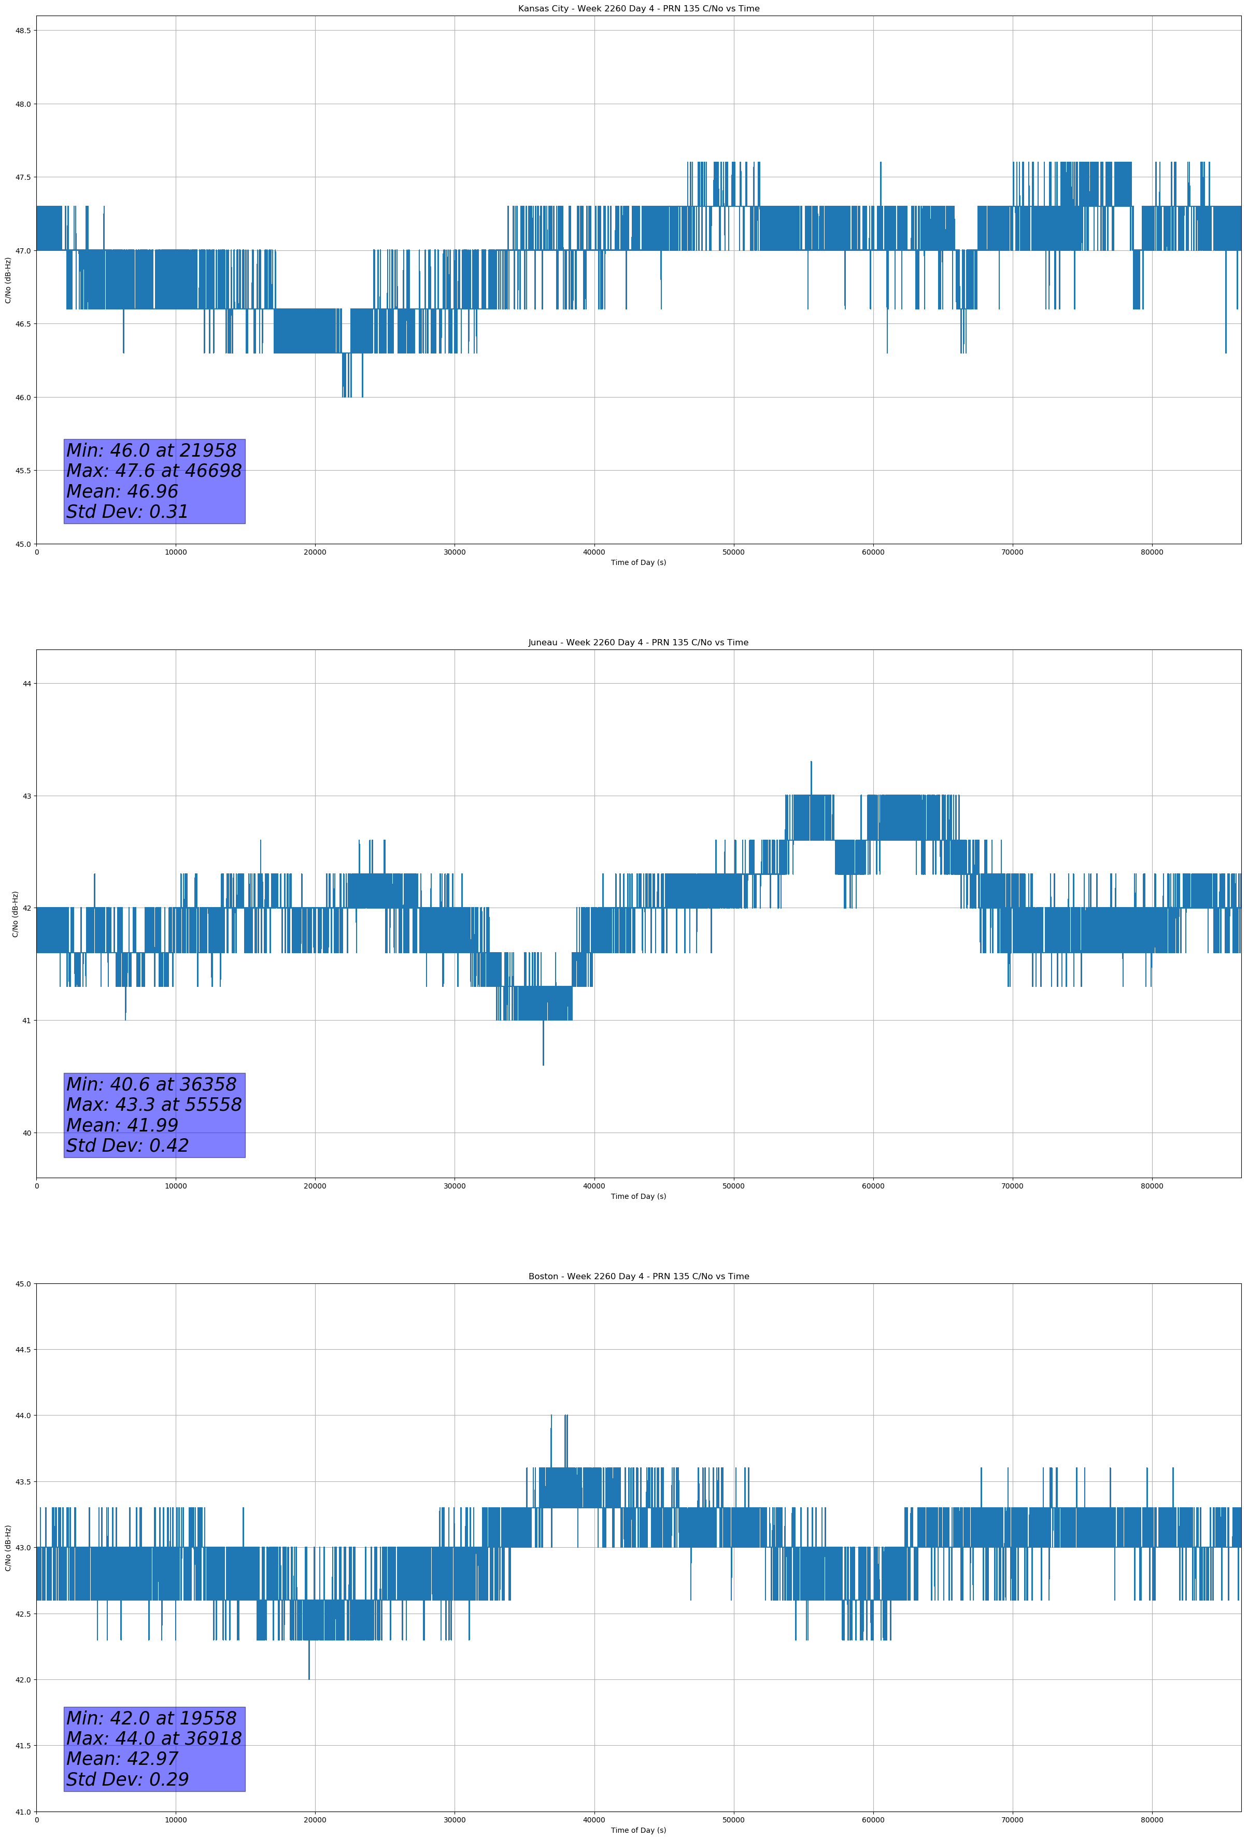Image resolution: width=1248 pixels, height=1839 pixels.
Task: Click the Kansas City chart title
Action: pos(638,9)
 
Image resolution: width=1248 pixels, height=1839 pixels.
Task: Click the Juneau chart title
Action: pos(638,643)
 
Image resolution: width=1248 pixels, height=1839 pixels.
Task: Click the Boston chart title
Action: pos(638,1277)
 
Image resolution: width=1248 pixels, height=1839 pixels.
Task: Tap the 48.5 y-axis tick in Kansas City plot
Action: pos(23,31)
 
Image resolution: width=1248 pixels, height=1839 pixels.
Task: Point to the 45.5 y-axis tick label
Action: pos(23,471)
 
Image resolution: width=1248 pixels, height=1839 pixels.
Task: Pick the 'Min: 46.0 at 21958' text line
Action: pos(151,450)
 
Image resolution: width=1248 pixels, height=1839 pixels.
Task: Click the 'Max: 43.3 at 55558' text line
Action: pos(153,1105)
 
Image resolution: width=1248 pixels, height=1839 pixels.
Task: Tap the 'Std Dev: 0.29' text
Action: pos(127,1779)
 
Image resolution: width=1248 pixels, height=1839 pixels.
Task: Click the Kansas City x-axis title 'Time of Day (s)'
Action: pos(638,562)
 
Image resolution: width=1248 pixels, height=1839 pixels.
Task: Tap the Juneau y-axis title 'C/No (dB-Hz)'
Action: pos(15,914)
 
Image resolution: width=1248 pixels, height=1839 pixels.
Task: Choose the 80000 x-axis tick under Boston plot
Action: pos(1152,1819)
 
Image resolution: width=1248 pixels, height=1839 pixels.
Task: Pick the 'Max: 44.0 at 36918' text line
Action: pos(153,1738)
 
